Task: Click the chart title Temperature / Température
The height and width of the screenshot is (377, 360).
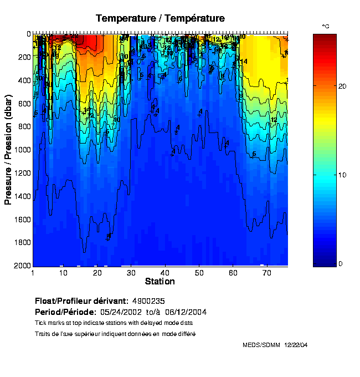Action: pos(160,18)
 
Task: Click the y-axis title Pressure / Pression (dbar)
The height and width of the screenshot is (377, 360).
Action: pos(8,150)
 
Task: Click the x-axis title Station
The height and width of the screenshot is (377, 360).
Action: pos(160,282)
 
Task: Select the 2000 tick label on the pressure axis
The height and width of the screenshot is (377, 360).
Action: pos(22,266)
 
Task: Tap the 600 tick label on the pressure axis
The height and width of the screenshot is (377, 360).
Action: pos(24,103)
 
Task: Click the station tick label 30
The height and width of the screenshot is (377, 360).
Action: pos(131,273)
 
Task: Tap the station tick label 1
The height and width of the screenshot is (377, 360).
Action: pos(33,273)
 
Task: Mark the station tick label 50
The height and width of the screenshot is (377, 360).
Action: pos(199,273)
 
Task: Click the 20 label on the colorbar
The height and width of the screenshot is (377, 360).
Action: pos(342,86)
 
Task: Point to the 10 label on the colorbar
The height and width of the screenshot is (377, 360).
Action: pos(342,175)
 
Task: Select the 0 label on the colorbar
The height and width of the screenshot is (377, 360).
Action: pos(340,263)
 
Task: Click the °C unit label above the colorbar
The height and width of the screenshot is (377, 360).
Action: pos(326,27)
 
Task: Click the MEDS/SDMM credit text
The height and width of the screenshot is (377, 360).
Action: pos(261,345)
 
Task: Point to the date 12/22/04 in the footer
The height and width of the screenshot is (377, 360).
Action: pos(296,345)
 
